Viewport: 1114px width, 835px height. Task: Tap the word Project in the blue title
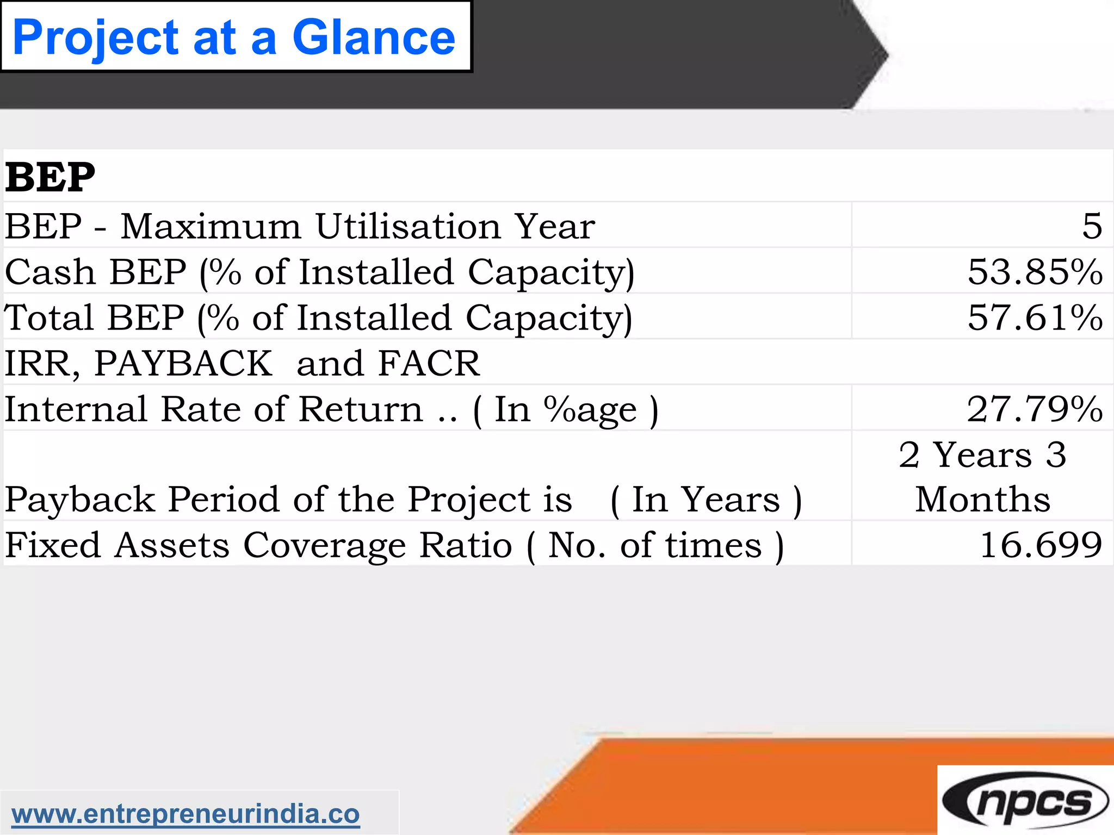pos(96,38)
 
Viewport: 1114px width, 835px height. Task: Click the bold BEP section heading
pos(50,178)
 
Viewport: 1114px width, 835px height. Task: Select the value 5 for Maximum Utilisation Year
pos(1092,226)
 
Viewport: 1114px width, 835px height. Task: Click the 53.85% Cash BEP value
pos(1035,272)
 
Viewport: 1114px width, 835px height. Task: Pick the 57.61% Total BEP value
pos(1035,317)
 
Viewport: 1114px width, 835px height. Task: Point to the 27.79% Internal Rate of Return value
pos(1035,409)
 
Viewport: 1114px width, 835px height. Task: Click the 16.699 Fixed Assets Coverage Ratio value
pos(1041,545)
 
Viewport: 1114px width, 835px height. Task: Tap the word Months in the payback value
pos(982,499)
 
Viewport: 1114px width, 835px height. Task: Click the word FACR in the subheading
pos(429,363)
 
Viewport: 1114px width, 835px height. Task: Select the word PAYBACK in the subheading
pos(183,363)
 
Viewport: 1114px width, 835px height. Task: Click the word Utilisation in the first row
pos(408,226)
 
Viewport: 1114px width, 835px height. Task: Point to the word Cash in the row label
pos(50,272)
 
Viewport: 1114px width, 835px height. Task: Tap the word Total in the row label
pos(49,317)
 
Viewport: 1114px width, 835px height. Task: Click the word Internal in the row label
pos(76,409)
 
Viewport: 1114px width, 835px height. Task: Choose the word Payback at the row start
pos(80,500)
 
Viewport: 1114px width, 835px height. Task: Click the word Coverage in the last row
pos(324,546)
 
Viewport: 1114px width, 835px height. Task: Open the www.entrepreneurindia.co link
pos(185,814)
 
